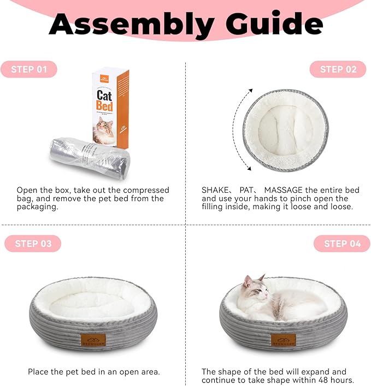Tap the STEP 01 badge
pos(33,69)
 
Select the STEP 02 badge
pos(338,69)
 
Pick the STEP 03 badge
pos(33,244)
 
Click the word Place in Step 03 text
pos(39,372)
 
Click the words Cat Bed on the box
pos(104,100)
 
